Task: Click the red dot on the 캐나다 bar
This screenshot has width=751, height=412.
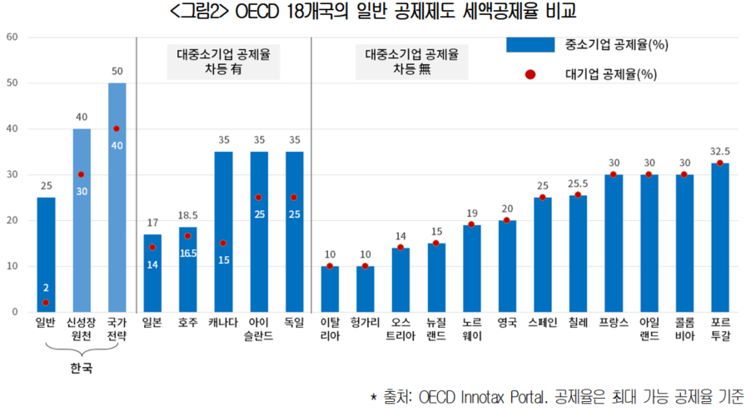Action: pos(223,244)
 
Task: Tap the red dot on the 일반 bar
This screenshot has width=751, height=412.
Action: pos(46,303)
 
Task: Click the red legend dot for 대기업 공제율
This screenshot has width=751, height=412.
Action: pos(530,75)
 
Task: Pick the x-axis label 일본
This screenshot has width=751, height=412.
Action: pos(152,322)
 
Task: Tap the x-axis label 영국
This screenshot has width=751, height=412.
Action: pos(507,322)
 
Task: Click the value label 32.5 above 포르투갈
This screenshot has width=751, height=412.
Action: pos(719,153)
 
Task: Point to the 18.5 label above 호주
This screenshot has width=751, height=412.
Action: pos(188,216)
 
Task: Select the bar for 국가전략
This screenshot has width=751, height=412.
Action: pos(117,197)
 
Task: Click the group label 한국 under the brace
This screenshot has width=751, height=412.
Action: pos(81,368)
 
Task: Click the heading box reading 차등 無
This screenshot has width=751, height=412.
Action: pos(411,63)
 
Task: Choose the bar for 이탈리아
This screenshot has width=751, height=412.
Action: pos(330,289)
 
